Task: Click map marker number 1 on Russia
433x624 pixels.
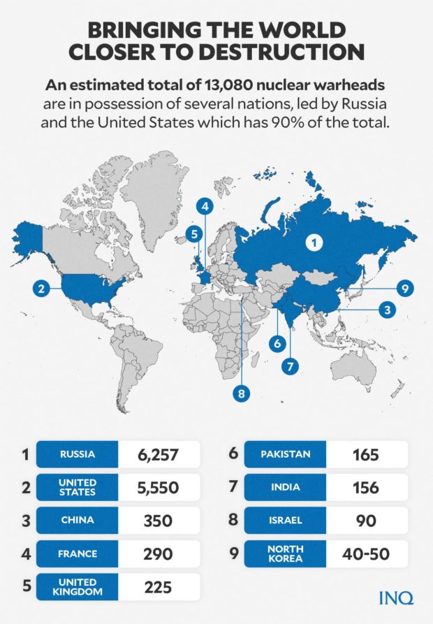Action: tap(314, 243)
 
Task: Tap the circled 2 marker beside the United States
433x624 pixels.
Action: tap(42, 287)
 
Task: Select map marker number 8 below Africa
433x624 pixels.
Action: tap(241, 393)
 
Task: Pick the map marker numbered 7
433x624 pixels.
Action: tap(290, 365)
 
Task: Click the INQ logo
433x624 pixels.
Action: tap(395, 597)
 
